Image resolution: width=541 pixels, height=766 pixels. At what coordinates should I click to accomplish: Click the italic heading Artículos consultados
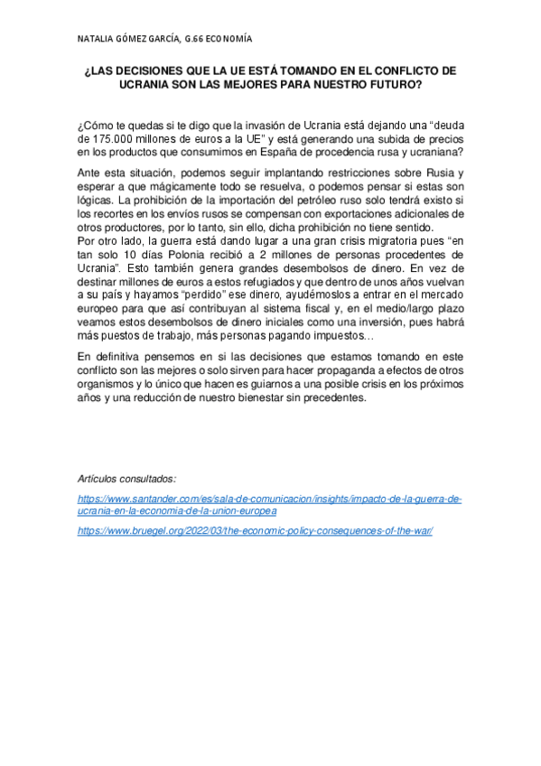click(126, 479)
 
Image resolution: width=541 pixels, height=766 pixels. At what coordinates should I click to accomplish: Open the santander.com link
click(269, 504)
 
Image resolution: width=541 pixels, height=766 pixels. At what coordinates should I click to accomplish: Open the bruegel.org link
click(256, 530)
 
